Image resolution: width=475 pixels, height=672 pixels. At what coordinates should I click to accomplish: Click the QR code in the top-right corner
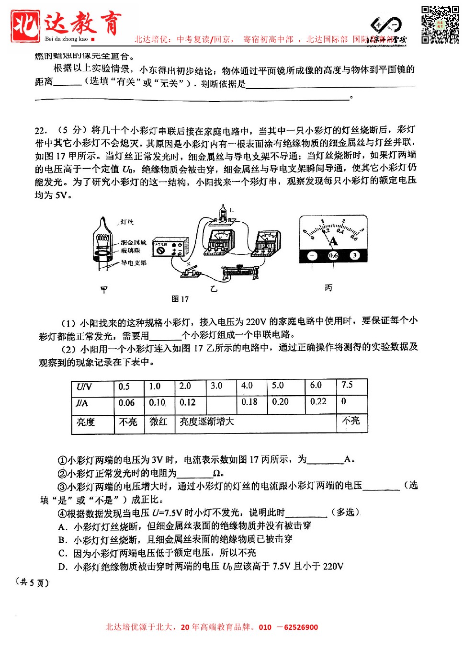pos(440,24)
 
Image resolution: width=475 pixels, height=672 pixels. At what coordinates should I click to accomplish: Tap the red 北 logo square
pos(25,25)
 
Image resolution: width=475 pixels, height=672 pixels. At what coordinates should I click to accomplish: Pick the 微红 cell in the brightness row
pos(158,421)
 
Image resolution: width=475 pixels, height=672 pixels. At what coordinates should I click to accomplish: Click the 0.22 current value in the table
pos(318,401)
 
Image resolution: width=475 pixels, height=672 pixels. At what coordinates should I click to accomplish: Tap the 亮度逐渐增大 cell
pos(207,421)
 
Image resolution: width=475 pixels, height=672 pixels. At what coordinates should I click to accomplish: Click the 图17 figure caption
pos(180,299)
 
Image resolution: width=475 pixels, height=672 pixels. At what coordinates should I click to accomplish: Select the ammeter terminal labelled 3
pos(354,255)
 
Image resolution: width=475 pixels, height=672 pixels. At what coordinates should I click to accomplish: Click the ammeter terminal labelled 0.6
pos(333,255)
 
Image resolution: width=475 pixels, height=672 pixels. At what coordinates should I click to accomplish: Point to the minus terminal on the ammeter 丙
pos(312,255)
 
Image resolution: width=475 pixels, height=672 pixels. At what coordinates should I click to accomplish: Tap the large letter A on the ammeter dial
pos(333,241)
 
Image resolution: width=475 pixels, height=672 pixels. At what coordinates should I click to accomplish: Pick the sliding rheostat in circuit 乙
pos(239,273)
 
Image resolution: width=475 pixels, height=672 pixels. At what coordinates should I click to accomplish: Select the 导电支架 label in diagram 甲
pos(134,263)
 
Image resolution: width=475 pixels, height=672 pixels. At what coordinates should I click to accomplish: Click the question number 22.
pos(41,130)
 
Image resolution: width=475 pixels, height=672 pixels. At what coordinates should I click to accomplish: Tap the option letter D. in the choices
pos(63,567)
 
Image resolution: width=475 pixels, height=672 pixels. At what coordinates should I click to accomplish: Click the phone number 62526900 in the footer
pos(301,627)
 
